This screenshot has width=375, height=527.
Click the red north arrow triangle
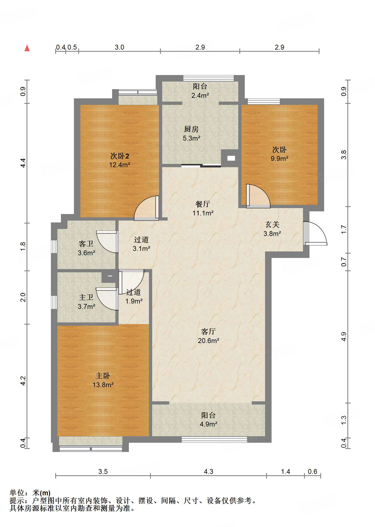[27, 48]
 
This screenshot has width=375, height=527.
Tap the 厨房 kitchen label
[191, 129]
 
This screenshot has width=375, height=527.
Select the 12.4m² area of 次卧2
[120, 165]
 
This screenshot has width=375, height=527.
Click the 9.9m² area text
[279, 159]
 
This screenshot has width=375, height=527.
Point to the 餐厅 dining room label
[203, 204]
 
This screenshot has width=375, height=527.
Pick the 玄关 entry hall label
[272, 224]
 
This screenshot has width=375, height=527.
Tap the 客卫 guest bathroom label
[86, 244]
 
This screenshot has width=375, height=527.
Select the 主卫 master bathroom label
[86, 297]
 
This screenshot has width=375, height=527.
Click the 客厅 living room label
[208, 331]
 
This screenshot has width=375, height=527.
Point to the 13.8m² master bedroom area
[103, 385]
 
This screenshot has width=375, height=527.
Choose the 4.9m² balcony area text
[208, 424]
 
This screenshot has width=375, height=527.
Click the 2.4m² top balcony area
[200, 95]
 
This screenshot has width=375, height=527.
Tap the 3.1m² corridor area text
[141, 248]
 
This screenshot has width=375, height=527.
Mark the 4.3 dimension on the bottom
[208, 472]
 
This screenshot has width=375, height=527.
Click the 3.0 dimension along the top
[119, 47]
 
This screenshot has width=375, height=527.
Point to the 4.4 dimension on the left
[23, 163]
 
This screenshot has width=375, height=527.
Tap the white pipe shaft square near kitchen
[231, 158]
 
